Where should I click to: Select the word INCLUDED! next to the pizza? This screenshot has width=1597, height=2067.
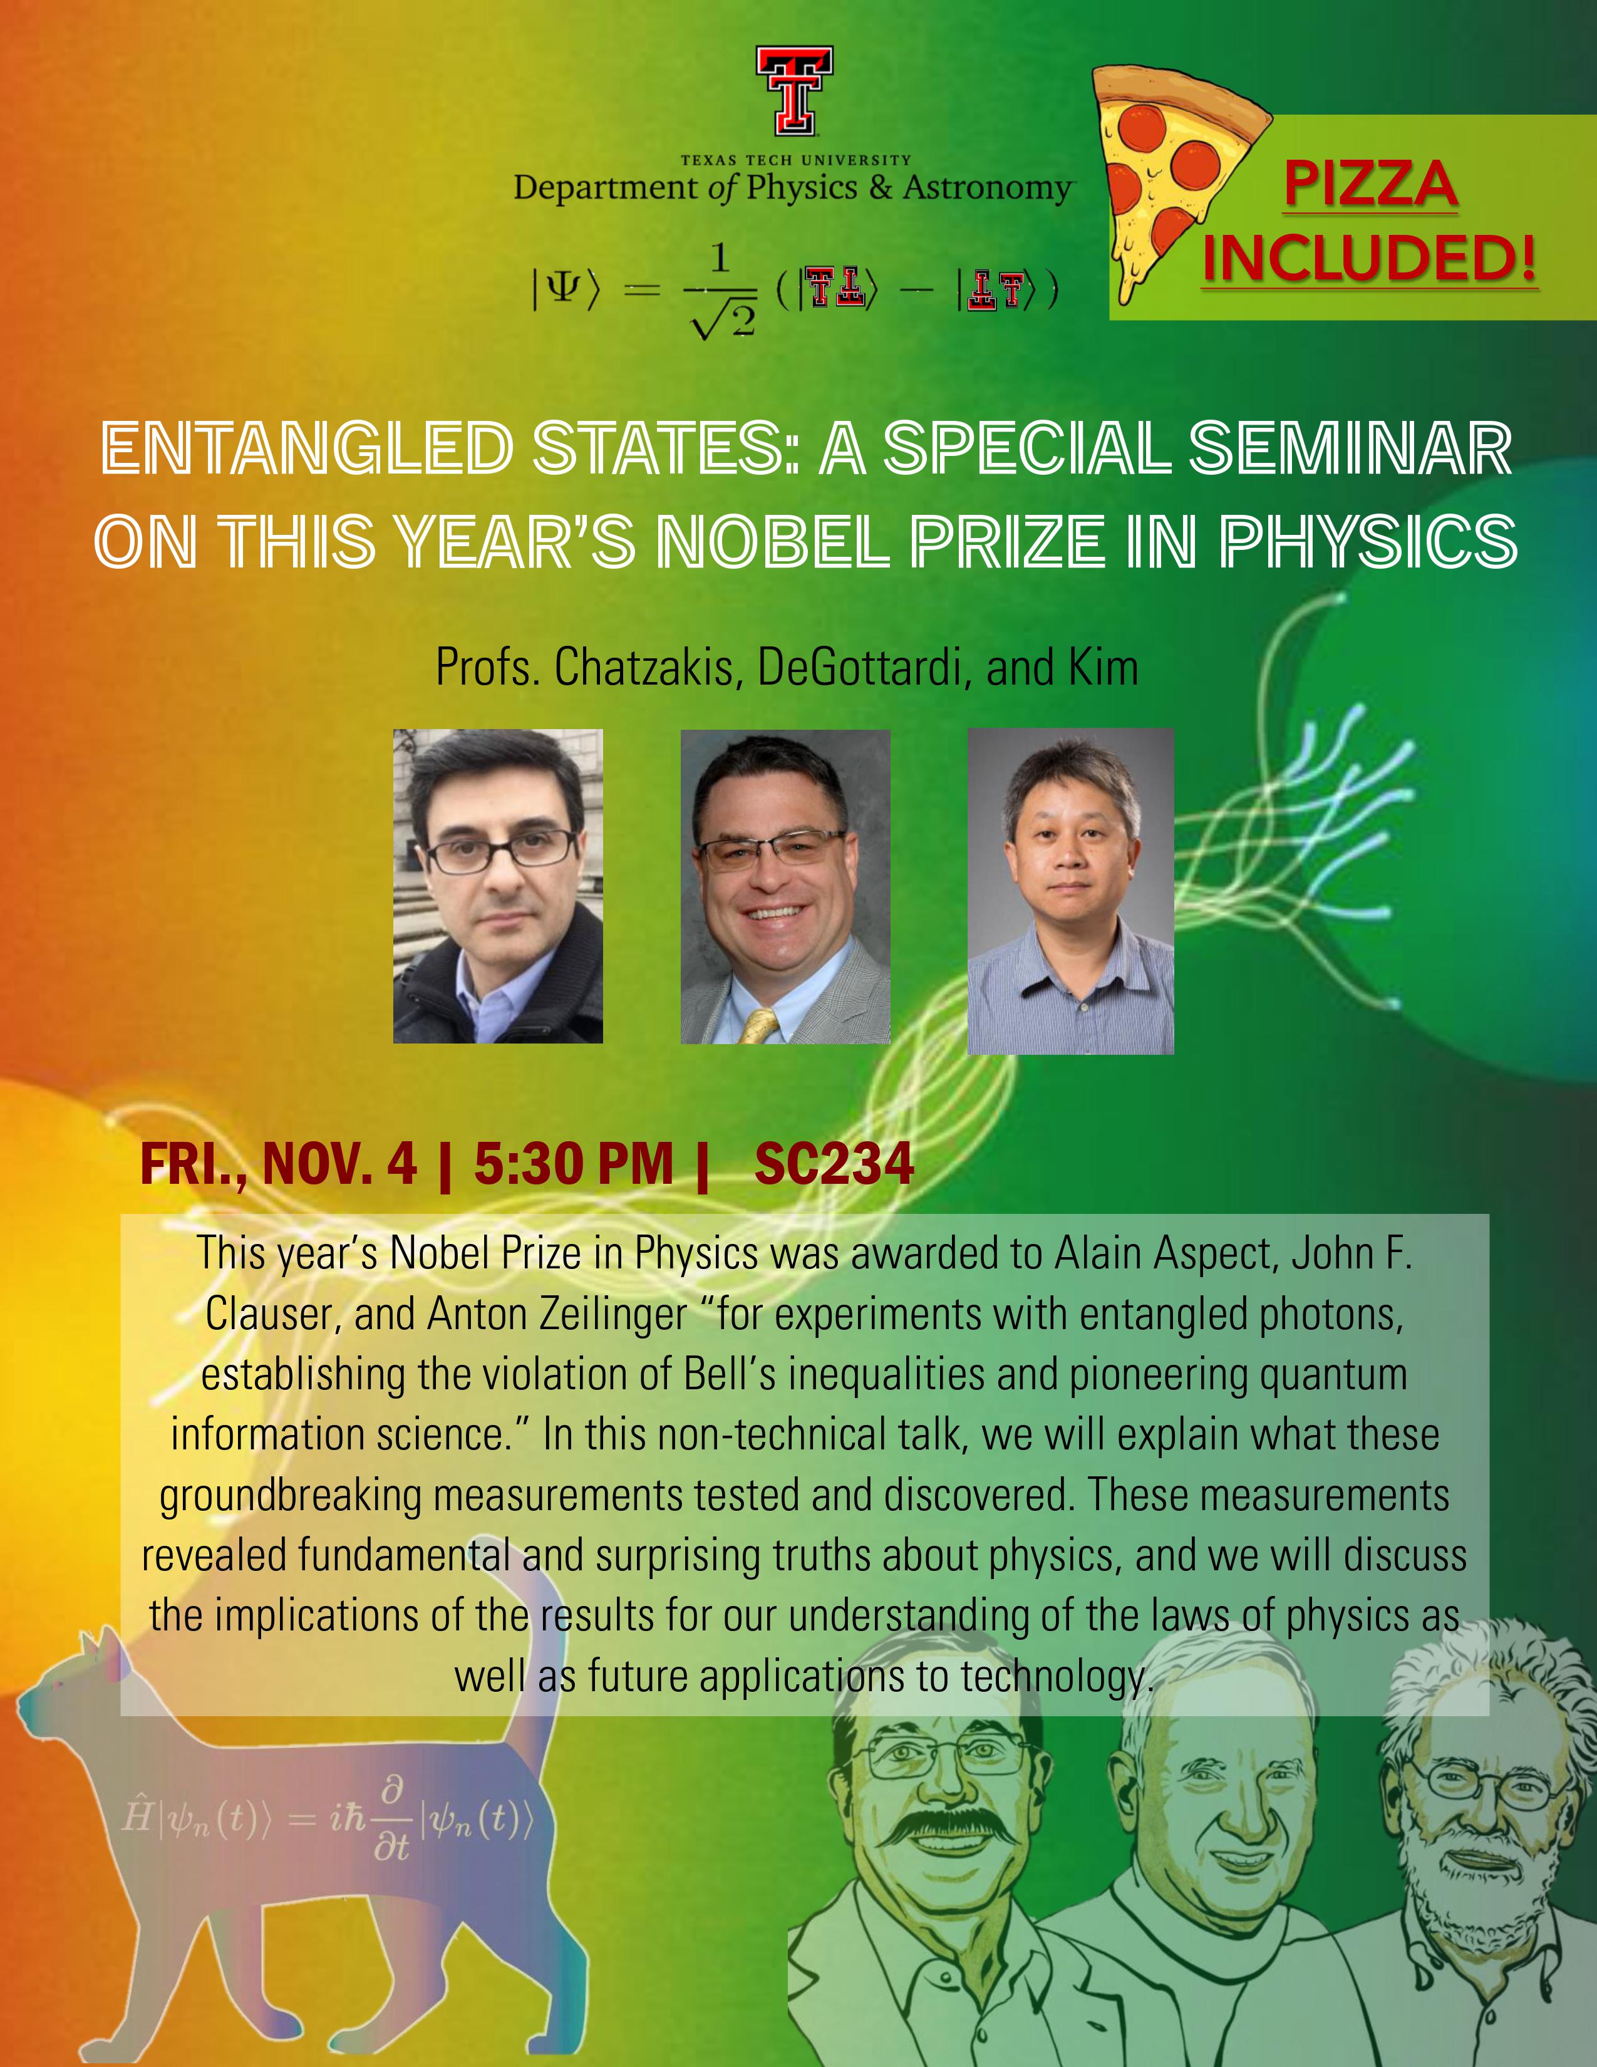tap(1369, 257)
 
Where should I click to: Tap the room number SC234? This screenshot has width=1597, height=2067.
tap(834, 1163)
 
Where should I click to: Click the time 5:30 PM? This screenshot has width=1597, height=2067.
tap(573, 1163)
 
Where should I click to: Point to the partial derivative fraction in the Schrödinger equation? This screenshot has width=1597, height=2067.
tap(391, 1818)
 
